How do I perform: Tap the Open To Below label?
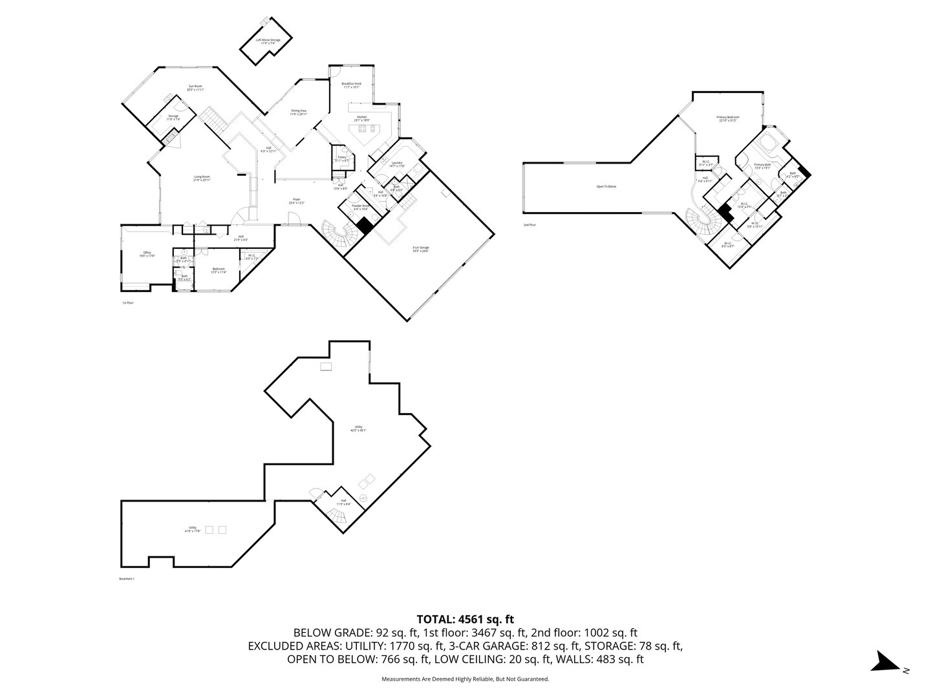tap(606, 187)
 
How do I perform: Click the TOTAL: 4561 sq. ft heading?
tap(465, 619)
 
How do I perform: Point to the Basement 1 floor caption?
tap(127, 578)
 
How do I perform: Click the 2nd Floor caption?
tap(530, 225)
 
